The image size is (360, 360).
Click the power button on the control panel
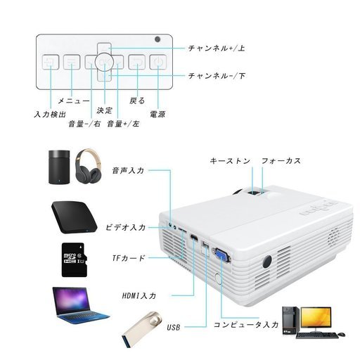(x=158, y=62)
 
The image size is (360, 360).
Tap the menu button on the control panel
(x=72, y=62)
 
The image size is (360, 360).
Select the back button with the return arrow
(x=136, y=62)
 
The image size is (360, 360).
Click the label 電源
(x=157, y=114)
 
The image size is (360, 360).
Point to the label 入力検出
(x=50, y=115)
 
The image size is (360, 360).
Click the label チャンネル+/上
(x=217, y=49)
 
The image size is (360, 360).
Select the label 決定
(x=105, y=110)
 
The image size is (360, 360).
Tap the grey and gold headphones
(x=89, y=166)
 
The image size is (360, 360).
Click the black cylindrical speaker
(x=59, y=167)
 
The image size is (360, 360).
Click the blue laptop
(x=79, y=305)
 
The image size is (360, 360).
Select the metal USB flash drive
(x=142, y=329)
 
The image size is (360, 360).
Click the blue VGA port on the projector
(x=221, y=255)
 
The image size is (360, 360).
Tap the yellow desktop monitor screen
(x=316, y=317)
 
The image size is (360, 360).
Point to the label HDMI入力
(x=139, y=295)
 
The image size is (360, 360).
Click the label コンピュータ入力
(x=246, y=325)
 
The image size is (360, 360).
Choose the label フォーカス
(x=281, y=161)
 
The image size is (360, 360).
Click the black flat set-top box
(x=74, y=217)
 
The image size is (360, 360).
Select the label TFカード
(x=129, y=258)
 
